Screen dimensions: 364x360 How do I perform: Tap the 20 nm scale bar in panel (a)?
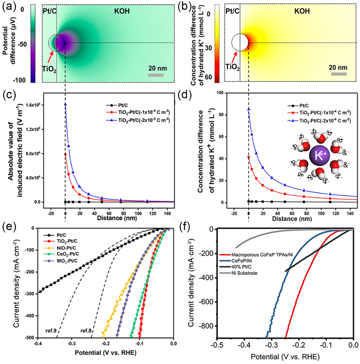156,75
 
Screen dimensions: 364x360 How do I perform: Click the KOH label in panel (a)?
122,11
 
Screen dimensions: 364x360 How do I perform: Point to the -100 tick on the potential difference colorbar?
19,80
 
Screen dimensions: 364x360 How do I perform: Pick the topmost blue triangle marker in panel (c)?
65,104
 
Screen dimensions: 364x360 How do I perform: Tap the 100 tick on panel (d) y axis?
220,93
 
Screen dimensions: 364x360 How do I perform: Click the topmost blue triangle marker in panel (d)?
248,109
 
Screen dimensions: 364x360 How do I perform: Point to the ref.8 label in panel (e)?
86,330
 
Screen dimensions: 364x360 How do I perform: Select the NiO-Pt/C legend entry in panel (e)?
66,248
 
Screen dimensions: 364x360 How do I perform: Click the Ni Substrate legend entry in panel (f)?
244,273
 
